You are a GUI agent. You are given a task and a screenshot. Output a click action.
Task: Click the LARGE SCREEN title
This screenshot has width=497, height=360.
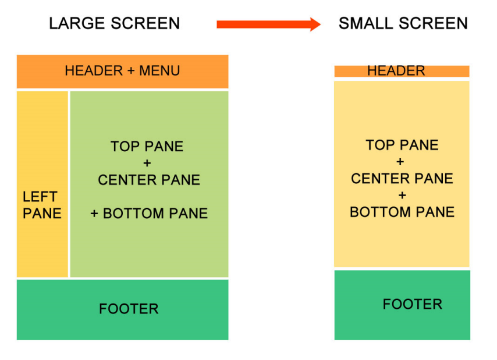pyautogui.click(x=115, y=23)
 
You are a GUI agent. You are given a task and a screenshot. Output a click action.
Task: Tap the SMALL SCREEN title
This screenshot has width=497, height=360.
pyautogui.click(x=403, y=23)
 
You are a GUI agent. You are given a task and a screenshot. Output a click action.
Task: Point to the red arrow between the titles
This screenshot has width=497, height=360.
pyautogui.click(x=268, y=24)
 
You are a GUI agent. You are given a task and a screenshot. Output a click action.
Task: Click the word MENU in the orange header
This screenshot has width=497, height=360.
pyautogui.click(x=159, y=70)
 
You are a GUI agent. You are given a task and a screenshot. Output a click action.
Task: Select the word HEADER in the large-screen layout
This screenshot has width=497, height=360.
pyautogui.click(x=94, y=70)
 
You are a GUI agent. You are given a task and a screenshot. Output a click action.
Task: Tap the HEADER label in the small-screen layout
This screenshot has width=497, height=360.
pyautogui.click(x=396, y=70)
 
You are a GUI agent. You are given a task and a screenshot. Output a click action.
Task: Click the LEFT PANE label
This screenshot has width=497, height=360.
pyautogui.click(x=42, y=205)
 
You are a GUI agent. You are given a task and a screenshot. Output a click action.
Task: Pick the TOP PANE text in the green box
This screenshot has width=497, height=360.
pyautogui.click(x=147, y=147)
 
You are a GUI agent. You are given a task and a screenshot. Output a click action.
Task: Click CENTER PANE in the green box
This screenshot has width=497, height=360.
pyautogui.click(x=149, y=180)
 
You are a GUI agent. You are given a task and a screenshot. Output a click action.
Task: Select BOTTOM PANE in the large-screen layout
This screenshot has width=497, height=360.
pyautogui.click(x=155, y=213)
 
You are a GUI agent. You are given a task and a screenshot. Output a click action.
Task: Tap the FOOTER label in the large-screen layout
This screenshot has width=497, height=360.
pyautogui.click(x=129, y=309)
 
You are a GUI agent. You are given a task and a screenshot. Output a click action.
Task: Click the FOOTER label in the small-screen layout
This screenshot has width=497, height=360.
pyautogui.click(x=413, y=304)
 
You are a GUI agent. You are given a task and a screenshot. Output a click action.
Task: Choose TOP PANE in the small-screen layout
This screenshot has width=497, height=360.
pyautogui.click(x=402, y=145)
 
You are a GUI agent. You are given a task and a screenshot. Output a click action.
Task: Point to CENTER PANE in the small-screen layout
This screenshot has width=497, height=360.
pyautogui.click(x=402, y=179)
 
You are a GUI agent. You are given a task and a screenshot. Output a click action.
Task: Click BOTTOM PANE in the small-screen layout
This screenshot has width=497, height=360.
pyautogui.click(x=402, y=212)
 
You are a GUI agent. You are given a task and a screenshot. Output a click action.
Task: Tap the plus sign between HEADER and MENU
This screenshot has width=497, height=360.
pyautogui.click(x=131, y=71)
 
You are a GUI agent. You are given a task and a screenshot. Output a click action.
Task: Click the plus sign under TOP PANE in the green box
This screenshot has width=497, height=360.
pyautogui.click(x=147, y=163)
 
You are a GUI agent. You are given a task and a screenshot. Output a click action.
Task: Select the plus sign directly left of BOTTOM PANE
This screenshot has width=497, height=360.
pyautogui.click(x=94, y=213)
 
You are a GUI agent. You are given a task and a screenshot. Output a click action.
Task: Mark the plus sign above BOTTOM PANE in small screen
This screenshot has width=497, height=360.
pyautogui.click(x=402, y=195)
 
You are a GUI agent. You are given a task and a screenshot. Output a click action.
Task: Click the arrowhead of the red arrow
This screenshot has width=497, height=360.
pyautogui.click(x=315, y=24)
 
